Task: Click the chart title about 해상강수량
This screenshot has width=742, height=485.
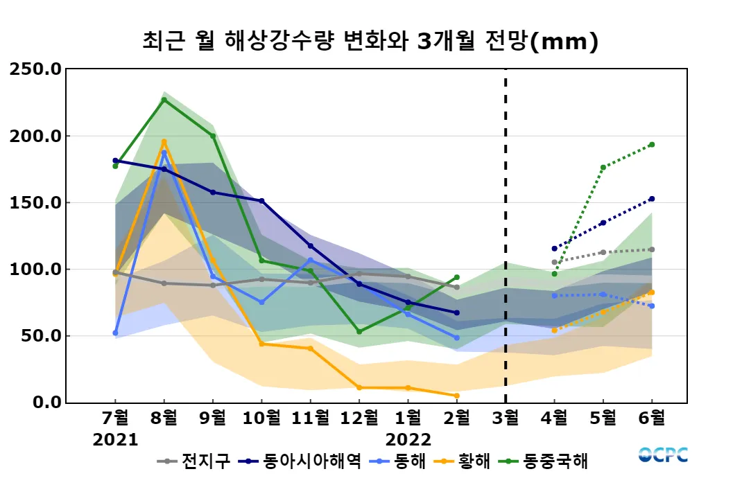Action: (x=370, y=42)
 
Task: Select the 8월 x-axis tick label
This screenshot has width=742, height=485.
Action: (x=164, y=418)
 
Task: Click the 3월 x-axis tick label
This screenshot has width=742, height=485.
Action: (x=505, y=418)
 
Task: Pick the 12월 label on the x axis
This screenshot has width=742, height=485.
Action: (x=359, y=418)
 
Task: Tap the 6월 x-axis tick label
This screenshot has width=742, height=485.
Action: (x=651, y=418)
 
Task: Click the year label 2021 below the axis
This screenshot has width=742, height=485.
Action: (x=115, y=440)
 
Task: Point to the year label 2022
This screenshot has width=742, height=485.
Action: (x=408, y=440)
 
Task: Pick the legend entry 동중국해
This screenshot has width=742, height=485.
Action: (x=555, y=461)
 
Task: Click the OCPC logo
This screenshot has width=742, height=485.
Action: (x=663, y=455)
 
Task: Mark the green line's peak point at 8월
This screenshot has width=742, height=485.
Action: (x=164, y=100)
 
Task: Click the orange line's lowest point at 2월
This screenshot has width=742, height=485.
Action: (x=456, y=396)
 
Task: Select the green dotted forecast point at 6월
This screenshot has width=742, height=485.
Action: (x=651, y=145)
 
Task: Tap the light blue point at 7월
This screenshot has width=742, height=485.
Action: (x=115, y=333)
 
